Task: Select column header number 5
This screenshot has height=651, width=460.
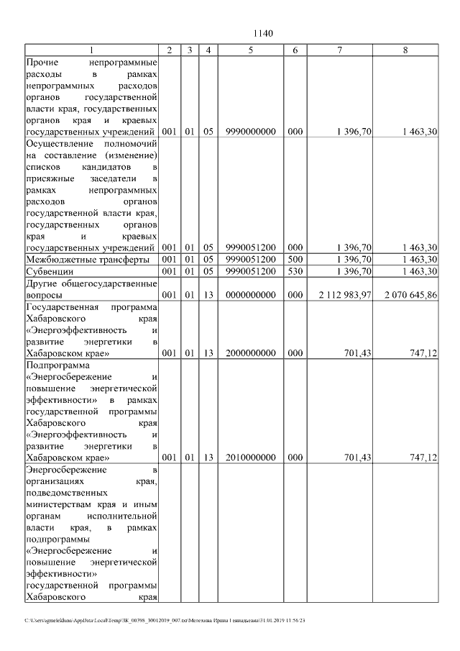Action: [250, 50]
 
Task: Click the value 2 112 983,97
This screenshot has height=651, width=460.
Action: [345, 295]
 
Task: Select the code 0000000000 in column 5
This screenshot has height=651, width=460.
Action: [250, 295]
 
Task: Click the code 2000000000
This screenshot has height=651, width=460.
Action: [250, 355]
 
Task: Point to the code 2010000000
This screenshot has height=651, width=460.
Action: [250, 457]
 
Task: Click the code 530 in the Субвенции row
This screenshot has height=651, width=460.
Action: [295, 271]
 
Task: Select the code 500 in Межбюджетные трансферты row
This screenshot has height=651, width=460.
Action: [295, 259]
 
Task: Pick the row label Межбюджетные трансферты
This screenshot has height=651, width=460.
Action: [87, 259]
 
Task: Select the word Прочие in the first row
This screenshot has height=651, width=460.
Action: [42, 63]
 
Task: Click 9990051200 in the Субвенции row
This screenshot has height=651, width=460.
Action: [250, 271]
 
